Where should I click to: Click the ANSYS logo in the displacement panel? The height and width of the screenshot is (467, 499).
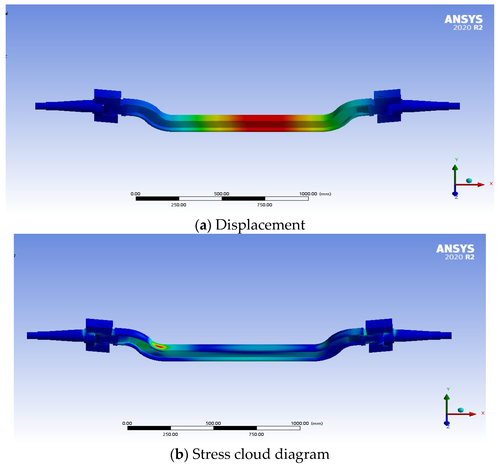(463, 20)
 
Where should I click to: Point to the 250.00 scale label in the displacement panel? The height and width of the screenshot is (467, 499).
(179, 205)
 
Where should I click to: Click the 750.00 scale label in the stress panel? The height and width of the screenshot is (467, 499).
(256, 434)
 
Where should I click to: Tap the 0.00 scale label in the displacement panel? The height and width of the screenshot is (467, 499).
(135, 194)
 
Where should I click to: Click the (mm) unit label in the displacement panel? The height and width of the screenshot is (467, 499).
(325, 194)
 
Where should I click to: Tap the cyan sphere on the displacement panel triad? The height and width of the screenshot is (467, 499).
(469, 180)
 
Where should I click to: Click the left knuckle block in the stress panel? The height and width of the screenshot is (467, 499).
(99, 335)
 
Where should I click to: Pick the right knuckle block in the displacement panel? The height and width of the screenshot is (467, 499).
(387, 106)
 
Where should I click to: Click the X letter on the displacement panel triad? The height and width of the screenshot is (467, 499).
(491, 184)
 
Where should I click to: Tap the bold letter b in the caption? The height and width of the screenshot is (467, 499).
(179, 454)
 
